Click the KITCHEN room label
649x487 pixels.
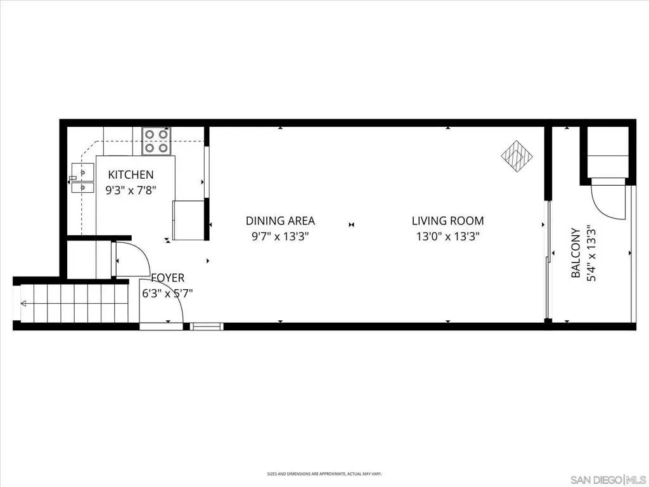(131, 175)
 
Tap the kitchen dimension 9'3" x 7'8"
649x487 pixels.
(131, 190)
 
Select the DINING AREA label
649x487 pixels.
(280, 221)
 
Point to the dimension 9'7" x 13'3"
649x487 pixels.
(280, 237)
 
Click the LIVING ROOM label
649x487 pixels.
(448, 221)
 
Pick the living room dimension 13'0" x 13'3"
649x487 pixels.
(448, 237)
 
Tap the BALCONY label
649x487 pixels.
(575, 252)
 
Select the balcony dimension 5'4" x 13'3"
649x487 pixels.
(591, 252)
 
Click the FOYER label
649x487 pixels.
(167, 278)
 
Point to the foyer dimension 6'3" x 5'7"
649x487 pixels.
(167, 294)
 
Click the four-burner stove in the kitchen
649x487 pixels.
(157, 141)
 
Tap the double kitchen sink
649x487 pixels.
(82, 178)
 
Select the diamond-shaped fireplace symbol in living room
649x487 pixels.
(517, 156)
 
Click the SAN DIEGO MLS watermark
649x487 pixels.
(608, 480)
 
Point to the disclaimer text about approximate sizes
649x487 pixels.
(324, 473)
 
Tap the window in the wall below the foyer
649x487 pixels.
(207, 327)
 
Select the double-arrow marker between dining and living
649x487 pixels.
(351, 224)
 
